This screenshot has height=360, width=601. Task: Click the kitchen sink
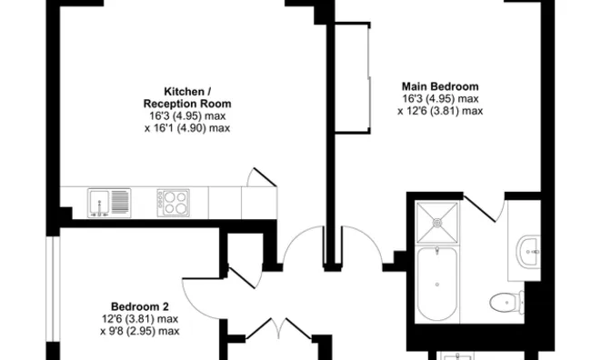click(x=109, y=200)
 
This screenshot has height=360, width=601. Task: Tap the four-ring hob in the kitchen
click(x=173, y=201)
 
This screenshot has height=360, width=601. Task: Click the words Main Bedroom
click(x=440, y=86)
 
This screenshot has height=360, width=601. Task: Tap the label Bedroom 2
click(x=139, y=305)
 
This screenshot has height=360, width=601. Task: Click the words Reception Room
click(x=190, y=104)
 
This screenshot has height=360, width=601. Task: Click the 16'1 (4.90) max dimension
click(x=190, y=128)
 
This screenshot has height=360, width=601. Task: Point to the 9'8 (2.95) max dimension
click(x=139, y=331)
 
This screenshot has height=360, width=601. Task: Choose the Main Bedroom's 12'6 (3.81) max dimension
click(x=440, y=111)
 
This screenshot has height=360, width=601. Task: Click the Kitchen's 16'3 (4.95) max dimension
click(x=190, y=116)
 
